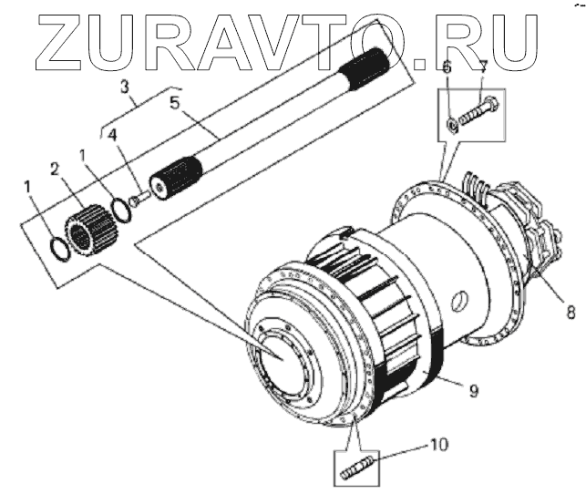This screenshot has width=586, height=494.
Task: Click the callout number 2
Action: [56, 169]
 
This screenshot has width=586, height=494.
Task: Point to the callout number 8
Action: [571, 312]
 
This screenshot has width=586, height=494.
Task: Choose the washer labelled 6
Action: [451, 123]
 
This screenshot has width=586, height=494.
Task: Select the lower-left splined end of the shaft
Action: [176, 177]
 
